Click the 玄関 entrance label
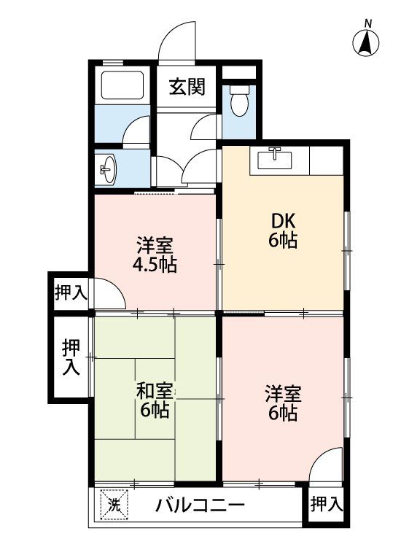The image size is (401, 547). coord(187,87)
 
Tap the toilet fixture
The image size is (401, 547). coord(240,101)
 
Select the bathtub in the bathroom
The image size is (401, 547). coord(122,85)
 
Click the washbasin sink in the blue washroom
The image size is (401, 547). coord(109,169)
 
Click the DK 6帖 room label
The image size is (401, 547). coord(283,230)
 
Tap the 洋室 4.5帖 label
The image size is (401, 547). coord(155,255)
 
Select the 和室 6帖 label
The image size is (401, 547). coord(155,400)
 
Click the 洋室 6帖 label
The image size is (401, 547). coord(283,403)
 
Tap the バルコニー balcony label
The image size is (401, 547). coord(200,505)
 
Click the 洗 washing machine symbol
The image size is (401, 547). coord(114,505)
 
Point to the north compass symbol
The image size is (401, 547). coord(366,42)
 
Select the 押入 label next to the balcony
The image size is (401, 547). coord(327,504)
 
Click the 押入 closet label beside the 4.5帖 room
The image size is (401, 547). coord(71,292)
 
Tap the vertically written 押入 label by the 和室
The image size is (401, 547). coord(71,357)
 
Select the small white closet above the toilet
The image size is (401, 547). coord(239,72)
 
